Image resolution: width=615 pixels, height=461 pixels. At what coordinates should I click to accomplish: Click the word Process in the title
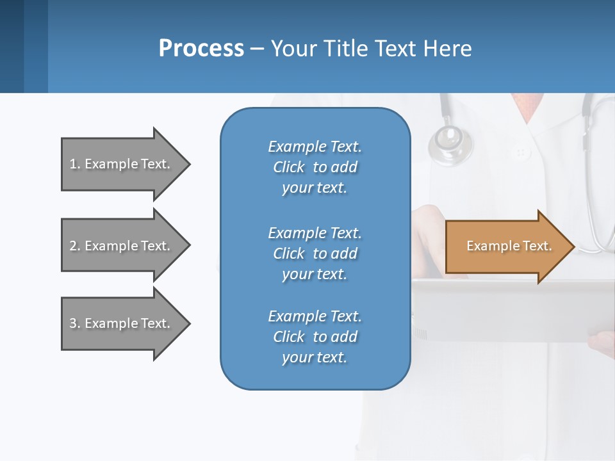pyautogui.click(x=201, y=49)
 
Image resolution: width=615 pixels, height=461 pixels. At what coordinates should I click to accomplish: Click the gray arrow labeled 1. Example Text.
pyautogui.click(x=122, y=164)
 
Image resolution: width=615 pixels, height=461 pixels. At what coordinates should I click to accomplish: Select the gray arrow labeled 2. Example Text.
pyautogui.click(x=122, y=246)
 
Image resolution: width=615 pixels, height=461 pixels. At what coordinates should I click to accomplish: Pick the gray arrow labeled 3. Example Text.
pyautogui.click(x=122, y=323)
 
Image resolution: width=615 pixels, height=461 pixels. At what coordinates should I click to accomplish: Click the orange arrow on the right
pyautogui.click(x=506, y=247)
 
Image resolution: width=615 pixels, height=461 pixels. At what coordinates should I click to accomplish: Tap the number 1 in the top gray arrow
pyautogui.click(x=73, y=164)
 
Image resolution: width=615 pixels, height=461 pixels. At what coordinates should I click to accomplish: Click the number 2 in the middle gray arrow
pyautogui.click(x=73, y=246)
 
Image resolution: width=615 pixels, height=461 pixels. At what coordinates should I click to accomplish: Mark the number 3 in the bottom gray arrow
pyautogui.click(x=73, y=323)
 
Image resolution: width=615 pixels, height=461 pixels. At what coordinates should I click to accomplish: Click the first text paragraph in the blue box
pyautogui.click(x=315, y=167)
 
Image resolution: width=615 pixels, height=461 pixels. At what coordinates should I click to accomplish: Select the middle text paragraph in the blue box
pyautogui.click(x=315, y=254)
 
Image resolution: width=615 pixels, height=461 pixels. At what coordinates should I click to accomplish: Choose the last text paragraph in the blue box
pyautogui.click(x=315, y=337)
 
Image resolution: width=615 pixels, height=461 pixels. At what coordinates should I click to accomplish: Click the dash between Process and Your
pyautogui.click(x=257, y=49)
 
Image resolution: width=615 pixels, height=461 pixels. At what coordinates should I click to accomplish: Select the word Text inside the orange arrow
pyautogui.click(x=537, y=246)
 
